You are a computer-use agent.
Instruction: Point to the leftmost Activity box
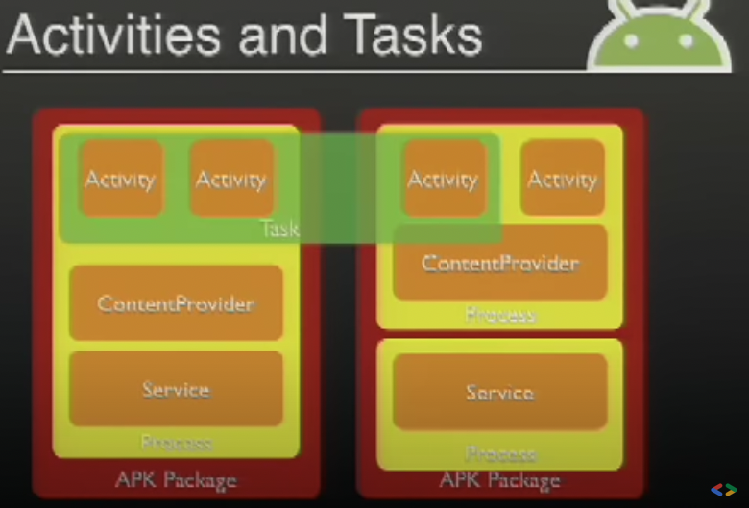120,179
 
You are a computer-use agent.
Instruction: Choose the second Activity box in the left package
230,179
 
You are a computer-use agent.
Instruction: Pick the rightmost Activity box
563,179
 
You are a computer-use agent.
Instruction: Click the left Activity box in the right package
442,179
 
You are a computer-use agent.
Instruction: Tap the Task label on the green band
279,229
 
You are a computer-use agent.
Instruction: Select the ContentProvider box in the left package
176,303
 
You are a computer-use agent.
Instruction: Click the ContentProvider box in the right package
500,262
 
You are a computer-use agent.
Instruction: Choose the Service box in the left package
176,389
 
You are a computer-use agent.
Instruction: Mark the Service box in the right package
500,392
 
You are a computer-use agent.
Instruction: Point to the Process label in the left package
176,443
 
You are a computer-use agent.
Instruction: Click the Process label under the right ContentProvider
500,315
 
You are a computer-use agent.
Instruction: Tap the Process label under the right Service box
500,453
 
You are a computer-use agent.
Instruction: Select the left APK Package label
176,479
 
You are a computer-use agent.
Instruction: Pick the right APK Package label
500,479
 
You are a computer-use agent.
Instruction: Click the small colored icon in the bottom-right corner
723,490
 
